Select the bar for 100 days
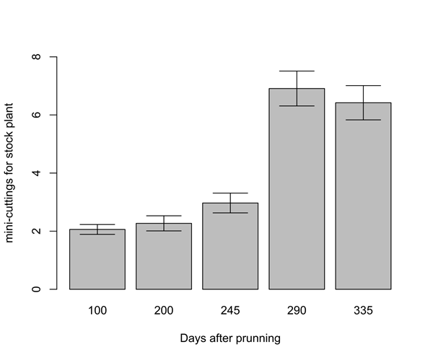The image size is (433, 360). pos(97,260)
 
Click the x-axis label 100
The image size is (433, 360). pos(97,311)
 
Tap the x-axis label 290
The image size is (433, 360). pos(297,311)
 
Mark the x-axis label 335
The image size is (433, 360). pos(363,311)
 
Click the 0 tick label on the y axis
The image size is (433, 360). pos(35,289)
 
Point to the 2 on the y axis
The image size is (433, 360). pos(35,232)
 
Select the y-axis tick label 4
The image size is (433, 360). pos(35,173)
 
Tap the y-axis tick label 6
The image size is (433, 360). pos(35,115)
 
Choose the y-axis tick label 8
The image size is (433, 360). pos(35,57)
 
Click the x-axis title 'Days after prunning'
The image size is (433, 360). pos(230,338)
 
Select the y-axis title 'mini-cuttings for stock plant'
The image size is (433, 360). pos(11,173)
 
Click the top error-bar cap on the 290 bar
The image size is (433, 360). pos(297,71)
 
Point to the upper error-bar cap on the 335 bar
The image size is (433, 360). pos(363,86)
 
